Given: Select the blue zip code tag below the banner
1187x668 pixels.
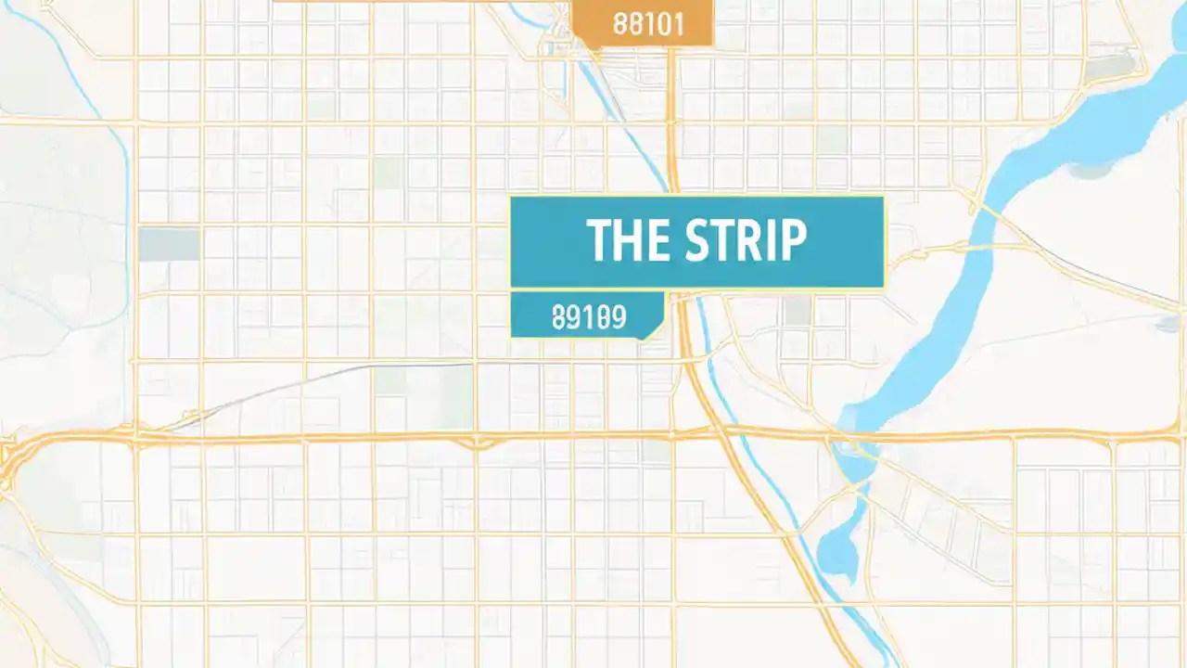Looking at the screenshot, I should [588, 315].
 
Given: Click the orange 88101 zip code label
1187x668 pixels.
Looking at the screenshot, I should [643, 23].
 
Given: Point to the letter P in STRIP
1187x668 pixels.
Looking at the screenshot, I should [792, 240].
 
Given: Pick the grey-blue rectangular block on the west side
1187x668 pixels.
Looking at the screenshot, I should [169, 244].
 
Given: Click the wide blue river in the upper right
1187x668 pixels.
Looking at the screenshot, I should [1094, 130].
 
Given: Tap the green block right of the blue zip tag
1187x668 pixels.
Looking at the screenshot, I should [798, 310].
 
